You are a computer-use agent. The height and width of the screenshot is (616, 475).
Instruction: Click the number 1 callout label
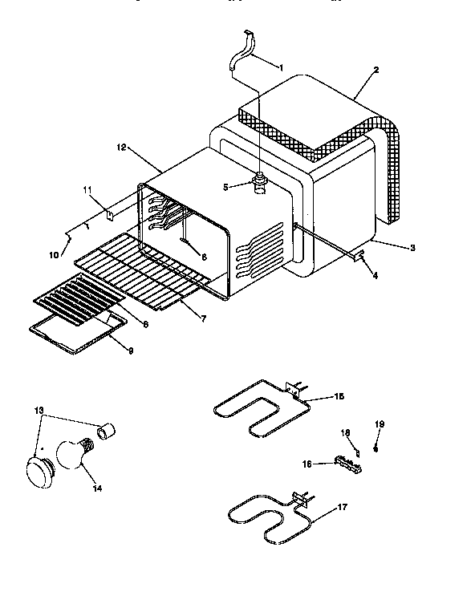[281, 67]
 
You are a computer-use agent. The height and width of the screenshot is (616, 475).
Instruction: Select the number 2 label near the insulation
[376, 70]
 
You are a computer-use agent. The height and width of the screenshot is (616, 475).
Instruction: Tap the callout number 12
[122, 148]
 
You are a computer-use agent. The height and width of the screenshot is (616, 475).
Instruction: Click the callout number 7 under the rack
[202, 318]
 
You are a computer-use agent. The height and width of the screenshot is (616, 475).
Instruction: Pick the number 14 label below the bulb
[99, 487]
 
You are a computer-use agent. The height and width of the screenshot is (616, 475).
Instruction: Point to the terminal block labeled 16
[345, 463]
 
